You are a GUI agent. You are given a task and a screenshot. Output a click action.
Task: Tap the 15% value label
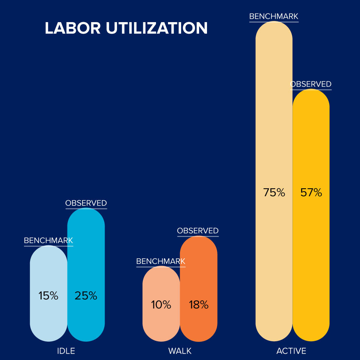tap(48, 296)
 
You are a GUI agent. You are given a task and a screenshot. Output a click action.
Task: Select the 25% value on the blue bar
tap(86, 296)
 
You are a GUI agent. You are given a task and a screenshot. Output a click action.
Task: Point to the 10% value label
tap(161, 305)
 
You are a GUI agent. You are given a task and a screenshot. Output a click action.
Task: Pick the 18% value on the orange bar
tap(198, 305)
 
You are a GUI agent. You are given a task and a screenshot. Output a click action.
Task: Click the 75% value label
tap(274, 193)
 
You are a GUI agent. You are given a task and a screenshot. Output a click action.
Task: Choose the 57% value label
tap(311, 193)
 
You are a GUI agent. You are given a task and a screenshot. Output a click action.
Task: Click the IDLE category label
tap(66, 351)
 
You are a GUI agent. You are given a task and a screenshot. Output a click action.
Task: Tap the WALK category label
tap(180, 351)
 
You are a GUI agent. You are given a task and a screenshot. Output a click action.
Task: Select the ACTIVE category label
tap(291, 351)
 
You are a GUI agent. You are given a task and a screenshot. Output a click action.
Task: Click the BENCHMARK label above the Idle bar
tap(48, 240)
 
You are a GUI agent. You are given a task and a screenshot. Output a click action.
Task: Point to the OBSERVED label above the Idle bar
tap(86, 203)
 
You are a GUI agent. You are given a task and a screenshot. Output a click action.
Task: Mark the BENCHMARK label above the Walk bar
tap(161, 261)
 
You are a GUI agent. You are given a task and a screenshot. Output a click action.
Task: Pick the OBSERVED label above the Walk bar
tap(198, 231)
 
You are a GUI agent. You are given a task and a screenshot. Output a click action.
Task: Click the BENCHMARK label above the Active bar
tap(274, 16)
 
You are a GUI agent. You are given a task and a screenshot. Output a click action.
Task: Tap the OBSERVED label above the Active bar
tap(311, 84)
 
